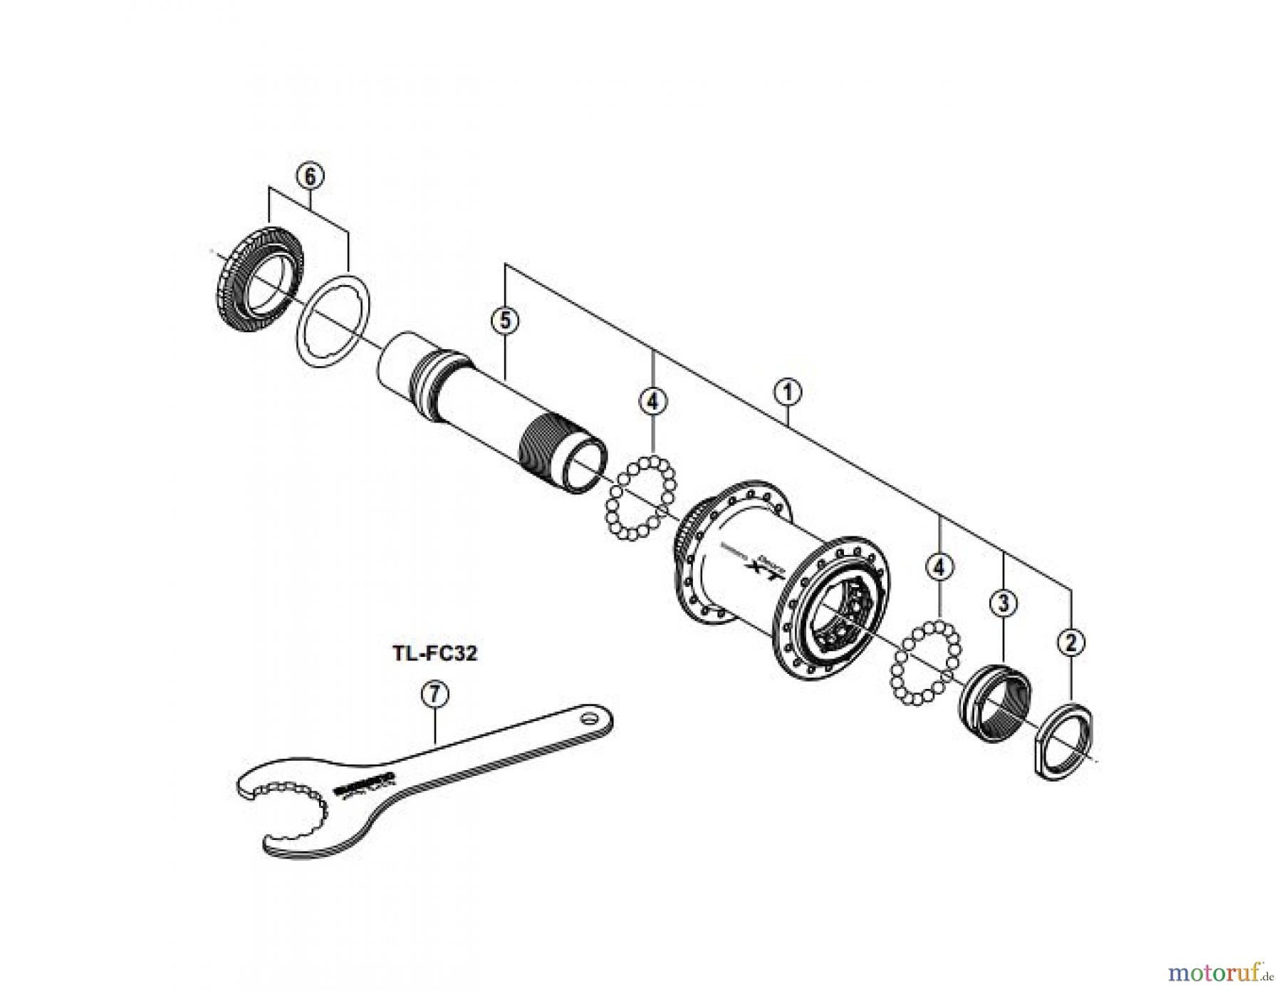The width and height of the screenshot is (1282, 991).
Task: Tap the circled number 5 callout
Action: [505, 320]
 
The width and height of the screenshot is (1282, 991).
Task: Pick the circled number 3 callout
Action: [1004, 603]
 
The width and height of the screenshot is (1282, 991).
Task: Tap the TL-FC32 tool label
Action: [435, 653]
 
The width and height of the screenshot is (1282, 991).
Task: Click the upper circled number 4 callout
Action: [653, 401]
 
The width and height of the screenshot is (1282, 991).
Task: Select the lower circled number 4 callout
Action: [940, 567]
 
